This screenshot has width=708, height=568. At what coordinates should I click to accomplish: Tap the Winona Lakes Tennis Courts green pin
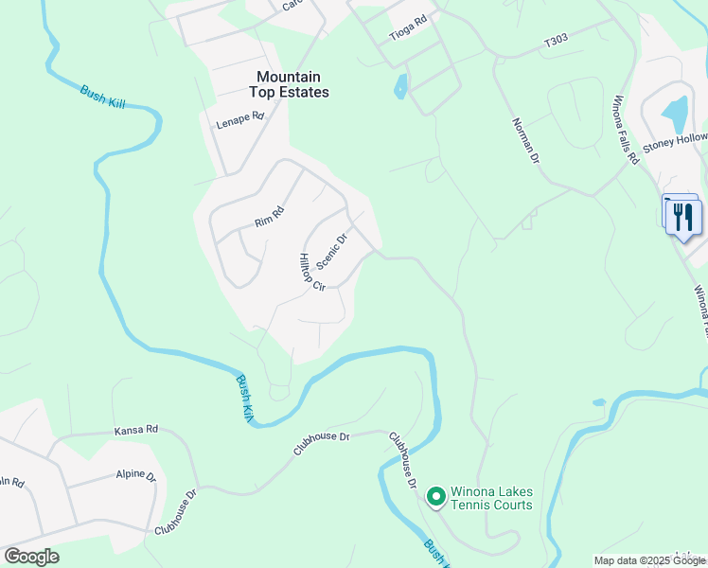point(435,496)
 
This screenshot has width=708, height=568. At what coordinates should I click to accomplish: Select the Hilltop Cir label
point(311,272)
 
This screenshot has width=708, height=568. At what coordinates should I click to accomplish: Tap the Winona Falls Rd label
point(626,129)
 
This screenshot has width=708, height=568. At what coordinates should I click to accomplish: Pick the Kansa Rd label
point(135,430)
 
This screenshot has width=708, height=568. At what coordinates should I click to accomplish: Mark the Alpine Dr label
point(135,474)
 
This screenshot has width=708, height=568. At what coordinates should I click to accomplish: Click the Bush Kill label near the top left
point(102,97)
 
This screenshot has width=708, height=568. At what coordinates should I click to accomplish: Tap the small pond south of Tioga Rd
point(401,86)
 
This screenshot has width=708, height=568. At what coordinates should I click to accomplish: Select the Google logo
point(31,557)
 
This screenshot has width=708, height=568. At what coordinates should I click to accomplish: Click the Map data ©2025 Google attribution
point(648,560)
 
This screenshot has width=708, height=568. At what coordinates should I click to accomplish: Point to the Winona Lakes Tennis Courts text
point(491,498)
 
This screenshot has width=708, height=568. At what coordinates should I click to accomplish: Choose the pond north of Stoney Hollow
point(676,115)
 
